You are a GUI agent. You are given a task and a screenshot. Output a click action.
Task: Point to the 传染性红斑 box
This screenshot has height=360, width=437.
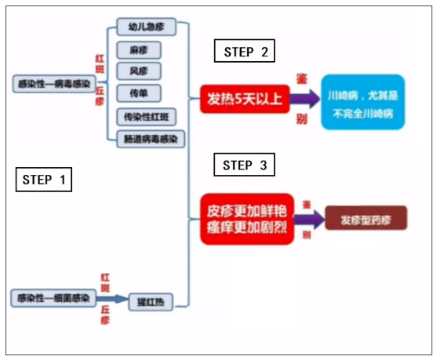coord(145,117)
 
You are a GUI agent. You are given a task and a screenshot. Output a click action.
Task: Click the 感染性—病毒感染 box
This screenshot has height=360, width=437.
coord(52,82)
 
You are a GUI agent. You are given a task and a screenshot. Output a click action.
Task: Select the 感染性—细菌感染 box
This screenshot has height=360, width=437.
coord(53,299)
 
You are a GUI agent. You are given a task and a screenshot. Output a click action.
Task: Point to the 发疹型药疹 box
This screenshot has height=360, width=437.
coord(366,218)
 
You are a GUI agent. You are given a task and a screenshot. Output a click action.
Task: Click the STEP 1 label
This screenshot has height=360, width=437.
coord(44,180)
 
